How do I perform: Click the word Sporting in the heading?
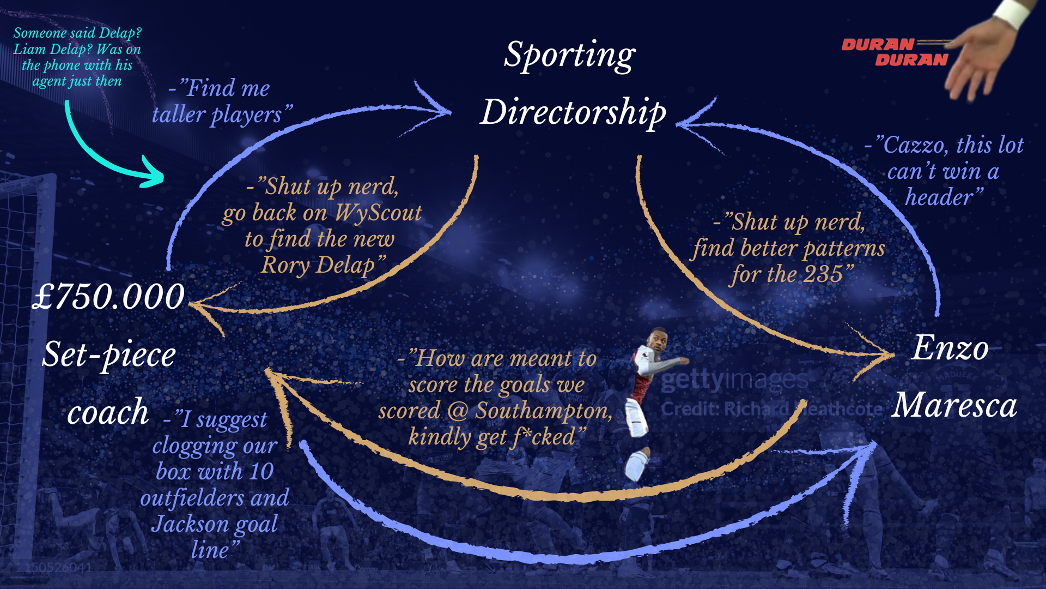(569, 55)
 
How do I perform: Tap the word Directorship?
(573, 112)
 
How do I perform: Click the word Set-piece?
(109, 354)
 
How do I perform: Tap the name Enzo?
(950, 348)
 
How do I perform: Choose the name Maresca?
(954, 405)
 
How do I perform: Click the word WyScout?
(378, 213)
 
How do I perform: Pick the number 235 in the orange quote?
(823, 274)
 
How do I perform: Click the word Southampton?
(543, 411)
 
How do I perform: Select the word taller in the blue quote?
(178, 115)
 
